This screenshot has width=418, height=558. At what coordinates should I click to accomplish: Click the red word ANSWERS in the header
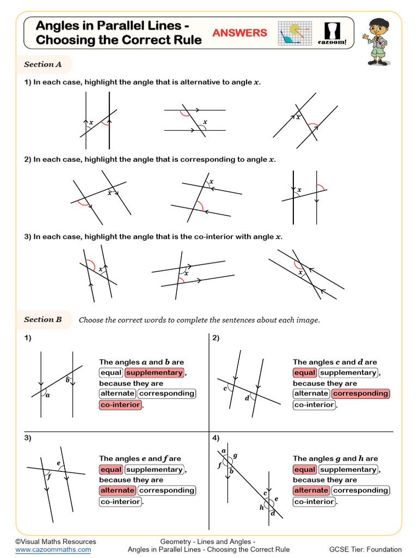239,33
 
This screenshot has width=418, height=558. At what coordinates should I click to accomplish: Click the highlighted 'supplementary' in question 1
155,373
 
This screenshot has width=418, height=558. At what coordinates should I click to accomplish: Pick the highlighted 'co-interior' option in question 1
120,405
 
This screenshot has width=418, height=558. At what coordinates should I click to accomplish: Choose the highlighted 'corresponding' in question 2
360,393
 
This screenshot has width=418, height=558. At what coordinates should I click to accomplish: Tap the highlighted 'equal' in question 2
305,373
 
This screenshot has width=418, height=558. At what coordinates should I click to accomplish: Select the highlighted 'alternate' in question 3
118,490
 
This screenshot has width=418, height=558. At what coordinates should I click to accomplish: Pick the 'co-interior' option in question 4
314,501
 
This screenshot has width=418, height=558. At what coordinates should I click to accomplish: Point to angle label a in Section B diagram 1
47,396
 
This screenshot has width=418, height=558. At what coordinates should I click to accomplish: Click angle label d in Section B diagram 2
247,398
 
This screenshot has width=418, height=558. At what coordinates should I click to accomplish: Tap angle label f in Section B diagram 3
48,476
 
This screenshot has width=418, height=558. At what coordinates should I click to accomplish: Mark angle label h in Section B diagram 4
261,507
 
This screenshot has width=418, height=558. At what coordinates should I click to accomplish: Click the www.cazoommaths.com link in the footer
53,550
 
